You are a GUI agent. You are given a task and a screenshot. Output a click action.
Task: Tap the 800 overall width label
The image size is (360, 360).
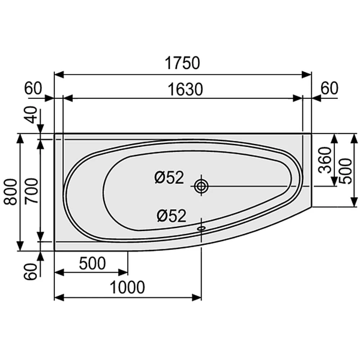(10, 192)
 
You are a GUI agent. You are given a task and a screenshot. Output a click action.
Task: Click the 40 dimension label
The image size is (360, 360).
(33, 114)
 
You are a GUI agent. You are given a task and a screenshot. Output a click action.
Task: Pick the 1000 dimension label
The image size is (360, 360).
(127, 287)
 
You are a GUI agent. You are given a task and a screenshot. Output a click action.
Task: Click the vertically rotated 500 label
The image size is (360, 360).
(347, 171)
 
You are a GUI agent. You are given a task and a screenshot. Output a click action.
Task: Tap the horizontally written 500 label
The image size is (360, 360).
(93, 264)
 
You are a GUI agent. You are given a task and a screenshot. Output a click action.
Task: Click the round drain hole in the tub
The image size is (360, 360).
(201, 186)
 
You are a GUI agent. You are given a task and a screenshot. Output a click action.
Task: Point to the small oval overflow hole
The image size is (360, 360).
(201, 228)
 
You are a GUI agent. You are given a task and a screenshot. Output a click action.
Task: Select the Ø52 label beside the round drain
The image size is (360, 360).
(169, 177)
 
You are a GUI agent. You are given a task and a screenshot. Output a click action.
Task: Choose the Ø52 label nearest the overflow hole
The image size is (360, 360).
(171, 216)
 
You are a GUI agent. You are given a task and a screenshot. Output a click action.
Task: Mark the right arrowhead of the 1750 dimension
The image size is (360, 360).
(307, 75)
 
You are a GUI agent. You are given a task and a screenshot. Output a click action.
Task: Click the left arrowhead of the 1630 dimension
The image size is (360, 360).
(68, 98)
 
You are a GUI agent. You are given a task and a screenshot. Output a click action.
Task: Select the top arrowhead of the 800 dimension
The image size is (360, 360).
(20, 138)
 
